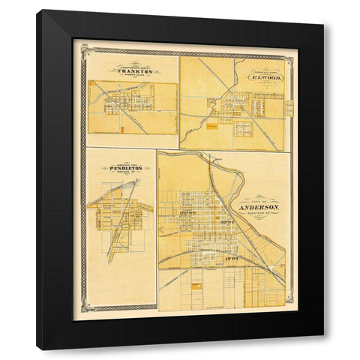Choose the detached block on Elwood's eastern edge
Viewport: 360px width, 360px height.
click(x=289, y=109)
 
